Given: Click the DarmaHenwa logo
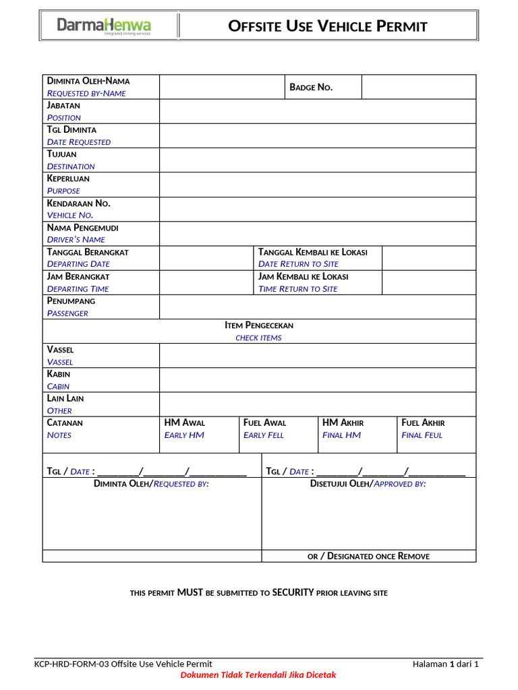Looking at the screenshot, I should [x=104, y=27].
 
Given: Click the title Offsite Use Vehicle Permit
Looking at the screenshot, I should [x=328, y=27].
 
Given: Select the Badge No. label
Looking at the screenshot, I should [x=311, y=87].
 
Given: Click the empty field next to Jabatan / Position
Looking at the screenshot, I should [x=317, y=111].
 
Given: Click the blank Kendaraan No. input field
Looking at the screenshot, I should [x=317, y=209].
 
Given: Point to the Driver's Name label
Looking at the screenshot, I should [x=76, y=239].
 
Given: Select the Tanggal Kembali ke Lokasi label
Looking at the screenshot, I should [x=313, y=252].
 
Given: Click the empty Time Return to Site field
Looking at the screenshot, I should [x=428, y=282].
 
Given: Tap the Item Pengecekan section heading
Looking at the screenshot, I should [x=259, y=325].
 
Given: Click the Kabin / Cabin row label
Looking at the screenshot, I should [x=59, y=380].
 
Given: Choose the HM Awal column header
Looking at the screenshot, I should [x=185, y=422].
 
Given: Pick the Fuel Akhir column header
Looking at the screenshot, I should [x=423, y=422].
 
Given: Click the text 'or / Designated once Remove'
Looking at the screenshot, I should [x=368, y=556].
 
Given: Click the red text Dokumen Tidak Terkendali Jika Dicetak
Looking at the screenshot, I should [x=258, y=675].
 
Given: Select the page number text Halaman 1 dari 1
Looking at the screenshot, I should [x=446, y=664].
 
